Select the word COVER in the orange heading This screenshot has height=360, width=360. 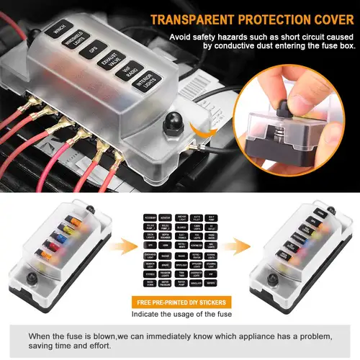point(328,16)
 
